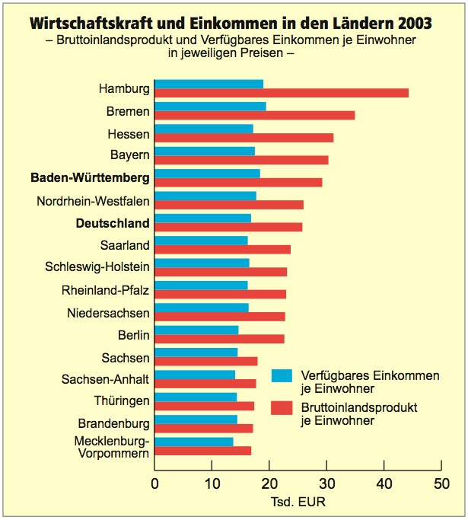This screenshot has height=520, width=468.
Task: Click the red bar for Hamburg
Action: (x=282, y=93)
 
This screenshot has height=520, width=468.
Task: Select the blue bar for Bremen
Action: (x=210, y=106)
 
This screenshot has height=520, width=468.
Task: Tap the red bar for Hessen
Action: (x=244, y=138)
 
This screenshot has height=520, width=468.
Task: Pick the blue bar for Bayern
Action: (x=205, y=151)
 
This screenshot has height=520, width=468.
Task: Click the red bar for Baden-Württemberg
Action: (x=238, y=183)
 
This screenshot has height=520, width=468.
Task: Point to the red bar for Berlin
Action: (x=219, y=339)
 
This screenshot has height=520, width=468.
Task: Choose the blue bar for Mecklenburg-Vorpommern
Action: (x=194, y=442)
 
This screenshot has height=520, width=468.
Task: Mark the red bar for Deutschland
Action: (x=228, y=227)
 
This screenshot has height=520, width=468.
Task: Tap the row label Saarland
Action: (x=125, y=245)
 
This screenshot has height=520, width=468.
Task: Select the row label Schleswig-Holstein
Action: (x=97, y=267)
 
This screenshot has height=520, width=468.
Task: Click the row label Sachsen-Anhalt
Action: (x=106, y=378)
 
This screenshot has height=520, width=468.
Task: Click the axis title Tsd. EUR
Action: (x=298, y=503)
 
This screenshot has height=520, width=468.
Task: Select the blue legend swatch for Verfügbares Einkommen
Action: (x=282, y=375)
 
